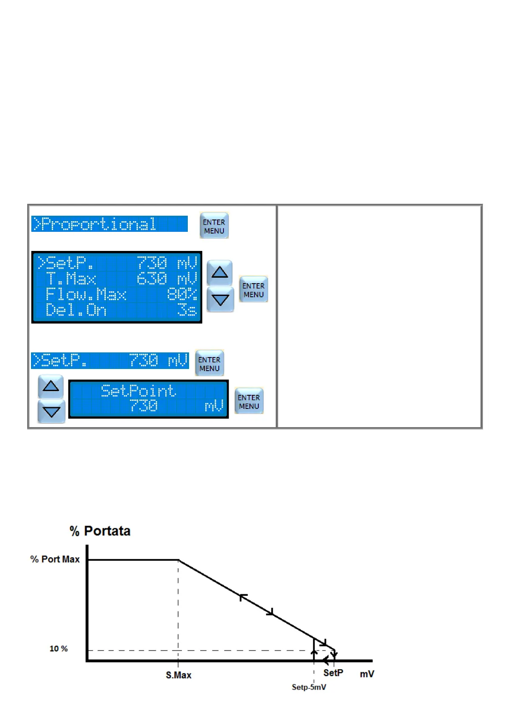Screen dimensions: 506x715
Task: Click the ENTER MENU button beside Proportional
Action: tap(214, 226)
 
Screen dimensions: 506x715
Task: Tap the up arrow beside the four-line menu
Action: tap(220, 272)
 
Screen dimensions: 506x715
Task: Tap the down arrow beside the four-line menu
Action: tap(220, 300)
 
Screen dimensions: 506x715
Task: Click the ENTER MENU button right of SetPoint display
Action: tap(249, 401)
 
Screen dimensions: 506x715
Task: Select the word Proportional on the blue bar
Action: tap(99, 224)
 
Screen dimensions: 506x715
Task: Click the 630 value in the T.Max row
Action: tap(152, 279)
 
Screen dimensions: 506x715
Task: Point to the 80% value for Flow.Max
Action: tap(182, 294)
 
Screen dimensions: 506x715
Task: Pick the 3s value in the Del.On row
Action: tap(187, 310)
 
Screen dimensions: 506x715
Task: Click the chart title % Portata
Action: tap(100, 531)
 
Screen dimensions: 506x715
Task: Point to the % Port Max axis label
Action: tap(55, 559)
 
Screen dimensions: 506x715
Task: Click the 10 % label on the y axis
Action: tap(59, 649)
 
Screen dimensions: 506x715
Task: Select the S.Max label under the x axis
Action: tap(178, 675)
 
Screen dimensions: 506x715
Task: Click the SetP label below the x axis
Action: tap(333, 673)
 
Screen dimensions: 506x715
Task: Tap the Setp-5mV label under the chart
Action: tap(309, 687)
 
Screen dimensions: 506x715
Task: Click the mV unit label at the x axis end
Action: tap(367, 674)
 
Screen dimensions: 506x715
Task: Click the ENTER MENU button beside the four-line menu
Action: tap(254, 290)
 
